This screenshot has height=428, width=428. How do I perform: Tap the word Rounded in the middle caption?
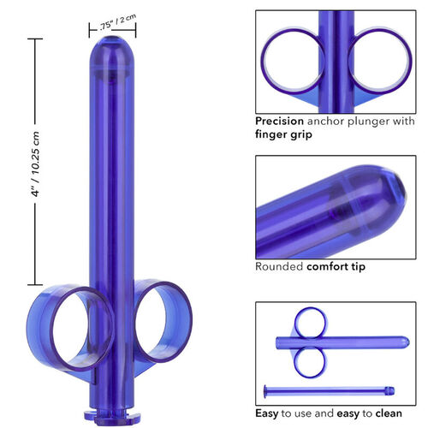(x=280, y=266)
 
